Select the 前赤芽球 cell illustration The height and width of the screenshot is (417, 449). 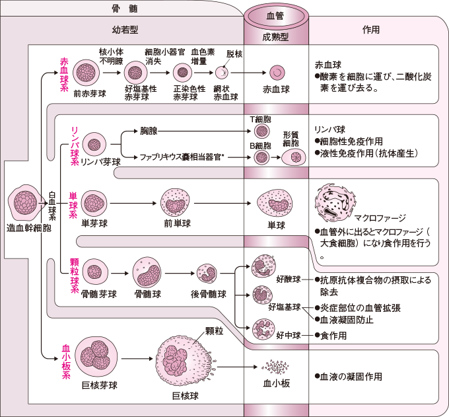pos(86,72)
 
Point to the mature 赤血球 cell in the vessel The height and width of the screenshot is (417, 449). pos(277,73)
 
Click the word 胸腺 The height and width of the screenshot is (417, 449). pos(149,132)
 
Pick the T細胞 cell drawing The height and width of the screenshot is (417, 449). pos(261,132)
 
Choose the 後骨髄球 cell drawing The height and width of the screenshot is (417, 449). pos(207,273)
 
